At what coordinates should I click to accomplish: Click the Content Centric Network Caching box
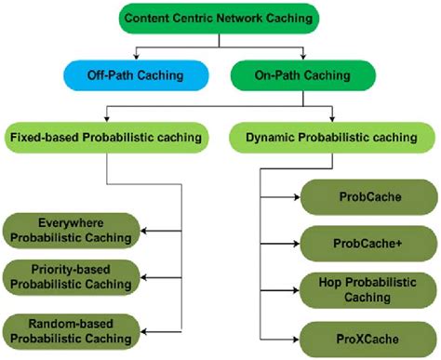(x=220, y=17)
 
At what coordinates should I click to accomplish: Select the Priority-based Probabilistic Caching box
(x=72, y=277)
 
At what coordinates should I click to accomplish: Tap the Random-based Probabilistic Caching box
(x=72, y=327)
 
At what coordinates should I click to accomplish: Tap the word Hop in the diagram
(x=324, y=282)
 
